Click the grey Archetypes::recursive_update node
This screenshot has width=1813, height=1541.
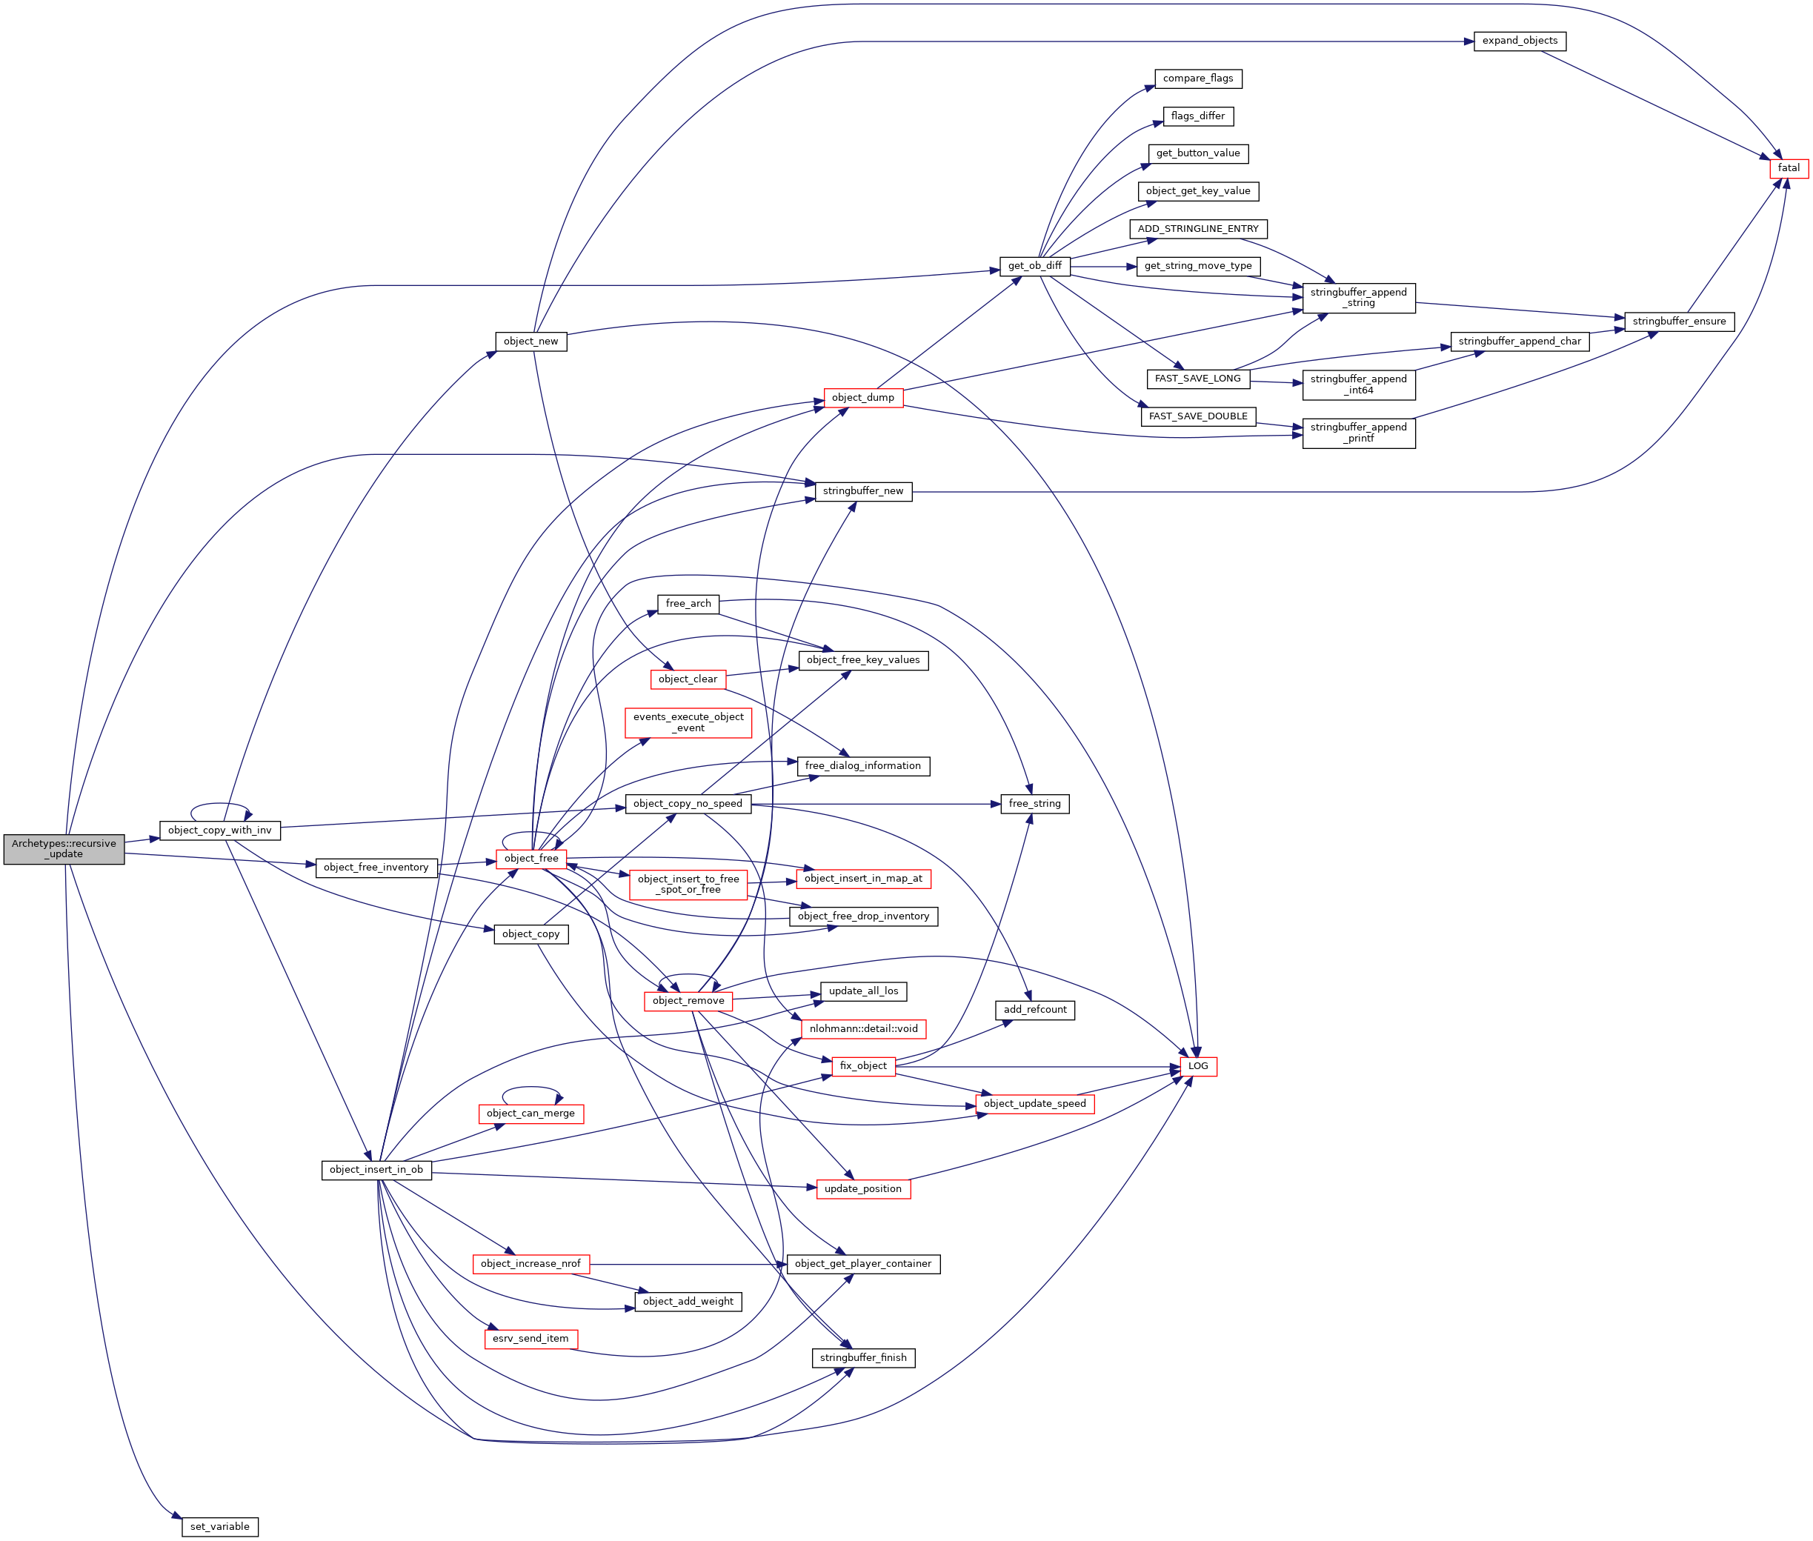[64, 849]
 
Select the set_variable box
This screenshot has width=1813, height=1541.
[219, 1526]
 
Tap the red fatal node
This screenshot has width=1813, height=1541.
[1788, 167]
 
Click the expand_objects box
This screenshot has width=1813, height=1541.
[1519, 41]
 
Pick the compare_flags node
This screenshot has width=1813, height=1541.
[1197, 79]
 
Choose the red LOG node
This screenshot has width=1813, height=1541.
[1197, 1066]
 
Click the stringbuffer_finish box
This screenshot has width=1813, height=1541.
[862, 1357]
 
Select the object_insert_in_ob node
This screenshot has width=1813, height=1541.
[376, 1170]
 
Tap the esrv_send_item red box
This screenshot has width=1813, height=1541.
[530, 1338]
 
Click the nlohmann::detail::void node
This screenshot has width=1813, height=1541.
[862, 1029]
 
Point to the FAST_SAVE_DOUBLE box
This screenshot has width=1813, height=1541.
[1197, 416]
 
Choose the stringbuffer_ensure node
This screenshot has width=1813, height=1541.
[1678, 322]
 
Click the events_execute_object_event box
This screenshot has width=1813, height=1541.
[688, 722]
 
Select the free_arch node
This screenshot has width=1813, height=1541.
[688, 604]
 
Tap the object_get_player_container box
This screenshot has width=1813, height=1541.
[862, 1264]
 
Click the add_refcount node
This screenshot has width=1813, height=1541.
[1034, 1010]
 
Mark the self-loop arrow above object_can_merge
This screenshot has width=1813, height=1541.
[531, 1088]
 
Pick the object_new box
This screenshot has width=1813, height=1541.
[530, 342]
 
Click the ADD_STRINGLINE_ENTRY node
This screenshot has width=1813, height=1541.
[1197, 229]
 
